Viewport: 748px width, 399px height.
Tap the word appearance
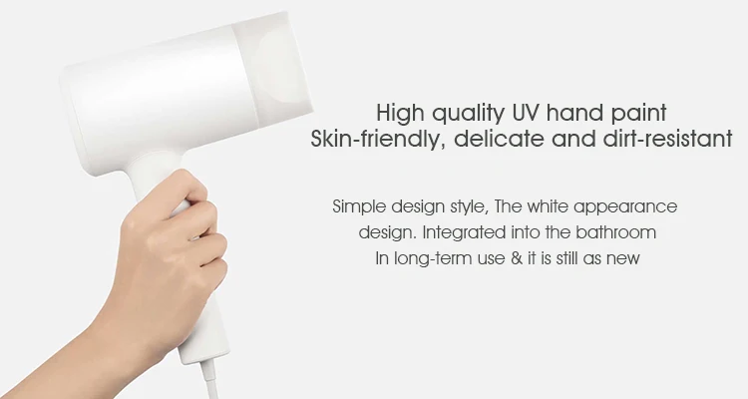[625, 207]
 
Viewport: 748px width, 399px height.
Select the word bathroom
[616, 232]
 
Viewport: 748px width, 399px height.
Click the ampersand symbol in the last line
[516, 258]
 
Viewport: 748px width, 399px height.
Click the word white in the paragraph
[548, 207]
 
